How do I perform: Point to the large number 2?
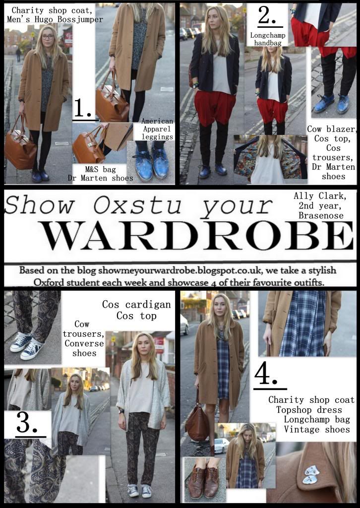point(267,15)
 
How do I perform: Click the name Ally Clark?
point(320,196)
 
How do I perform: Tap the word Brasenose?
point(321,215)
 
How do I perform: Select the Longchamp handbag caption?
point(266,39)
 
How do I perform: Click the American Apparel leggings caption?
point(157,129)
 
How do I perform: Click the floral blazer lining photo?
point(271,160)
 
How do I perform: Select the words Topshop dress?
point(309,410)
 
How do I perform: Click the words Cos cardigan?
point(136,305)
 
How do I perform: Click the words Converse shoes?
point(84,348)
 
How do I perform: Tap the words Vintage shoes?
point(317,429)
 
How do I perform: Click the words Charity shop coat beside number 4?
point(311,400)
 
